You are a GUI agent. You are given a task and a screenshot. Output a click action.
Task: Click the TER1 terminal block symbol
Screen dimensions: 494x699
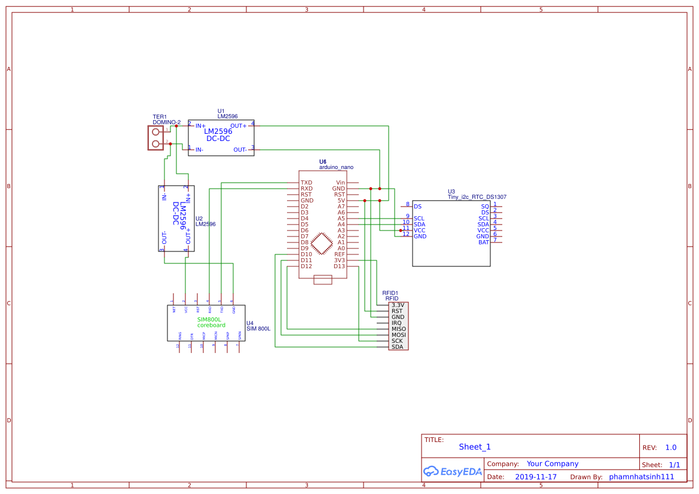point(155,138)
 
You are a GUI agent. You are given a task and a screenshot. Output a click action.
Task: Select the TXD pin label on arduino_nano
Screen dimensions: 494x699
point(306,183)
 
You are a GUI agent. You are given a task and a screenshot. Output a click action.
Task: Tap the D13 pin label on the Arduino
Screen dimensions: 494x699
point(340,266)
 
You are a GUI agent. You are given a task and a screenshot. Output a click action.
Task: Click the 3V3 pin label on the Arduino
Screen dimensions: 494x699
point(340,260)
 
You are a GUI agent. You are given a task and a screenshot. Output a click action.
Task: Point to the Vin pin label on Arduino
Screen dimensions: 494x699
point(340,183)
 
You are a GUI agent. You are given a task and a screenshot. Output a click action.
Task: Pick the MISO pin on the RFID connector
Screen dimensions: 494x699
point(398,329)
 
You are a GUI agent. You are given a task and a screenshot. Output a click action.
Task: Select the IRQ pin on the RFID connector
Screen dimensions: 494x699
point(396,323)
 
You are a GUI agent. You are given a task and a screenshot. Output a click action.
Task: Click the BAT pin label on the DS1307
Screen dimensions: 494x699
point(483,243)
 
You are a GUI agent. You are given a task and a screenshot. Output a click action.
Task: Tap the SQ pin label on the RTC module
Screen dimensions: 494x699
point(485,206)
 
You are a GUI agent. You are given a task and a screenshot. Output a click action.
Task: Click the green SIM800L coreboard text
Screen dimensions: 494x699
point(211,323)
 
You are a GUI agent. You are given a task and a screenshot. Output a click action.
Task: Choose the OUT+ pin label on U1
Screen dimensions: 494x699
point(238,126)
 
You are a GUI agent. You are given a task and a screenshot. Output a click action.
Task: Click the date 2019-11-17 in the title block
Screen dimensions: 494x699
point(536,477)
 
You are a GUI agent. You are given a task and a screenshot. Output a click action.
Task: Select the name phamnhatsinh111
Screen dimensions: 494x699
point(641,477)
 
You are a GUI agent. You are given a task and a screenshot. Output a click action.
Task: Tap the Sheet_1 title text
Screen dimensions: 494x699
point(475,447)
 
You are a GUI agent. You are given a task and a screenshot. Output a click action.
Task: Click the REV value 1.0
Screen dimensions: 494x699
point(670,447)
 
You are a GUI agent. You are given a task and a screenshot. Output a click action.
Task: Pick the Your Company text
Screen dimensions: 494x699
point(553,464)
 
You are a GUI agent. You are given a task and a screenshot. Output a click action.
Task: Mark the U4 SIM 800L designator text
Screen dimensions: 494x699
point(258,326)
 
